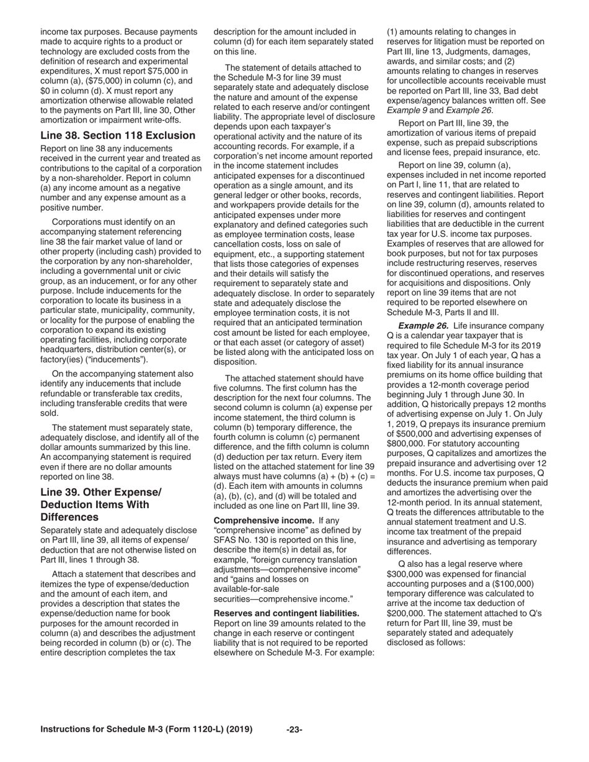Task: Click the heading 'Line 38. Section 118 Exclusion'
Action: (x=118, y=135)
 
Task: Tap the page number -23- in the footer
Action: (x=294, y=729)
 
